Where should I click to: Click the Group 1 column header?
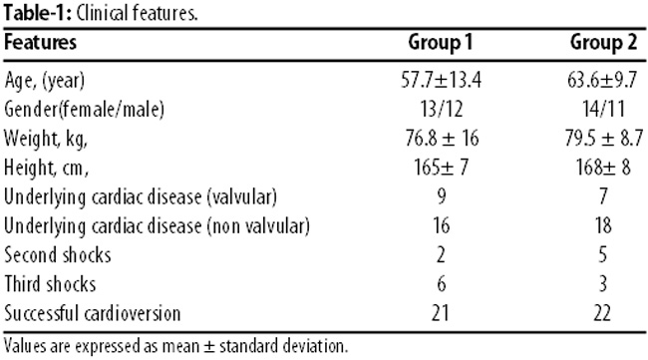(x=440, y=43)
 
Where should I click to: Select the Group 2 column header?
(x=603, y=43)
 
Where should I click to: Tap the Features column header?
(x=40, y=42)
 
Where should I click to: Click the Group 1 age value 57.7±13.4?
(x=441, y=80)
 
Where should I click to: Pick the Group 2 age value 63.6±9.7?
(x=602, y=80)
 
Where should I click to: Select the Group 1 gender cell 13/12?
(x=441, y=109)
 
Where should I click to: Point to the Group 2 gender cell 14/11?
(x=603, y=109)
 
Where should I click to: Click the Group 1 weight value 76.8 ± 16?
(x=442, y=138)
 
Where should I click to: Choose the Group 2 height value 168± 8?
(x=603, y=168)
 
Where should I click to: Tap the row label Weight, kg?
(x=46, y=139)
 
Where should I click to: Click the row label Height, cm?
(x=46, y=168)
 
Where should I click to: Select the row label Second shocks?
(x=58, y=255)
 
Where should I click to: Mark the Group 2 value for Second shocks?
(x=603, y=255)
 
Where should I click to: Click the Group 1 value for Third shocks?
(x=441, y=284)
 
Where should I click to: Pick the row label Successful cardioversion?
(x=92, y=313)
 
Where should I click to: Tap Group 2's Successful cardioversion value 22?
(x=602, y=313)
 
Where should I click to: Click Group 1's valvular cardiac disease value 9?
(x=441, y=196)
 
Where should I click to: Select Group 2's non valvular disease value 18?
(x=603, y=225)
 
